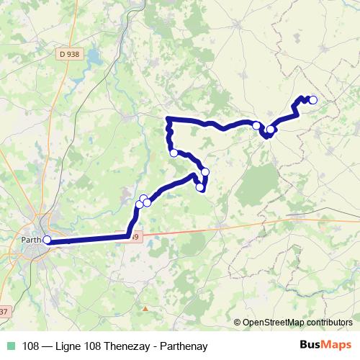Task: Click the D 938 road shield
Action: coord(69,53)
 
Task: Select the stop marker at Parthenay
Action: coord(48,240)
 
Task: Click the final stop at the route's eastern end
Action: coord(312,100)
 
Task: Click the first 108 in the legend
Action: coord(30,344)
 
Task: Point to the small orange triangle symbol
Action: coord(145,308)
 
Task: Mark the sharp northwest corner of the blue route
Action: coord(168,118)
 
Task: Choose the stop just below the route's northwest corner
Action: coord(173,152)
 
